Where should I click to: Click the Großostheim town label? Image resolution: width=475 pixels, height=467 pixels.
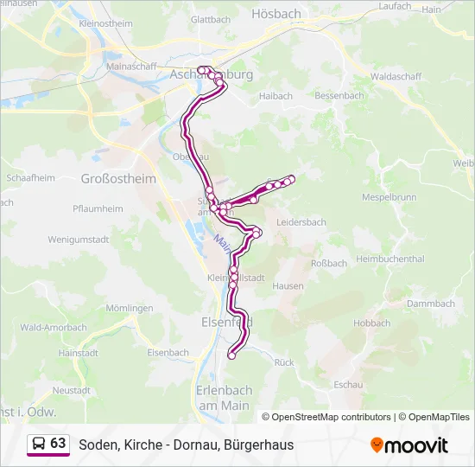point(118,179)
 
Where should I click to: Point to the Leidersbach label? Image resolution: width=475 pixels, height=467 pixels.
point(301,222)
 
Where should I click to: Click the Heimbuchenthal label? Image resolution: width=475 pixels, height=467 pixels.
point(390,259)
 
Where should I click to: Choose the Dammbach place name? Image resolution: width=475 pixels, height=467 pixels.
point(430,304)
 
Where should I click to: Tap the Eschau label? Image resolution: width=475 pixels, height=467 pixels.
point(346,383)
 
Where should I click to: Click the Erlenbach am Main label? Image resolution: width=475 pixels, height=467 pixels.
point(223,397)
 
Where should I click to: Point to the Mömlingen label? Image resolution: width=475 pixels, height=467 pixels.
point(130,308)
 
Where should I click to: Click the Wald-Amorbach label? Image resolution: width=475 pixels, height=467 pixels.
point(54,328)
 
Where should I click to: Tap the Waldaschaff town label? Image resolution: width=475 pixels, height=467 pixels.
point(396,76)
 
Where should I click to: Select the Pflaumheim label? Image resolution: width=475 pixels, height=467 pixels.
point(98,208)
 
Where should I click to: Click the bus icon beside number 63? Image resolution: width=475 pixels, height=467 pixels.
point(39,444)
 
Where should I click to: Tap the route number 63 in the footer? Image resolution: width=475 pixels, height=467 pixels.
point(58,444)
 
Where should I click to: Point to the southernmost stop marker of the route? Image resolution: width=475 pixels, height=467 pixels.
point(231,355)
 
